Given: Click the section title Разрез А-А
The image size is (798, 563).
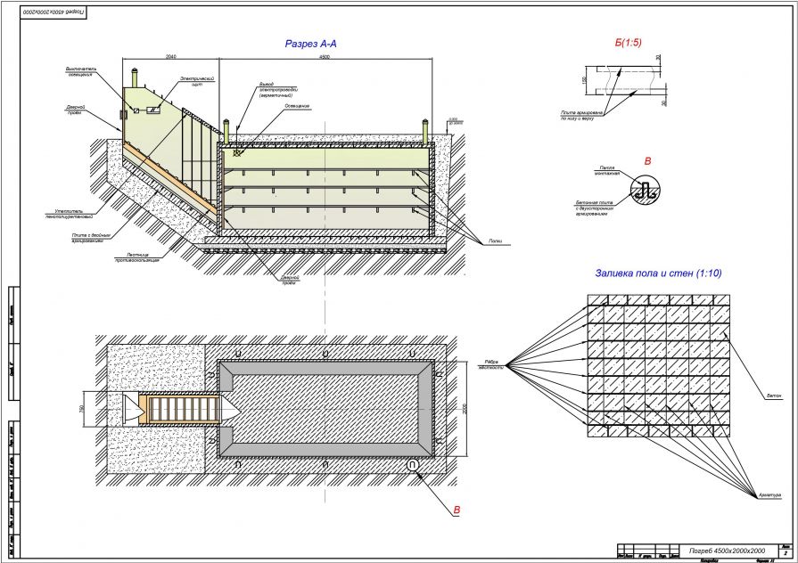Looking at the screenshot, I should tap(310, 42).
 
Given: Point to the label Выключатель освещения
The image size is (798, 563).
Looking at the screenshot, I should tap(78, 71).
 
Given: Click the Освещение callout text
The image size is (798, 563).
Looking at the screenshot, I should tap(297, 106).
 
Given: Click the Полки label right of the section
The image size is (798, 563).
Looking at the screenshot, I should tap(496, 242).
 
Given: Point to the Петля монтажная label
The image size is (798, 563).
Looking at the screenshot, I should tap(605, 169).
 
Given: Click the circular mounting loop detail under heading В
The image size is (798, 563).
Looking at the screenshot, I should tap(645, 190).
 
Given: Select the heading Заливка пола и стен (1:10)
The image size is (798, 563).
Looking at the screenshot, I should tap(657, 273).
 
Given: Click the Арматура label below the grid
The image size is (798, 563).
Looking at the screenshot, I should tap(772, 494).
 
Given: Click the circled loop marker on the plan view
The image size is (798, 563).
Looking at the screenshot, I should tap(413, 466).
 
